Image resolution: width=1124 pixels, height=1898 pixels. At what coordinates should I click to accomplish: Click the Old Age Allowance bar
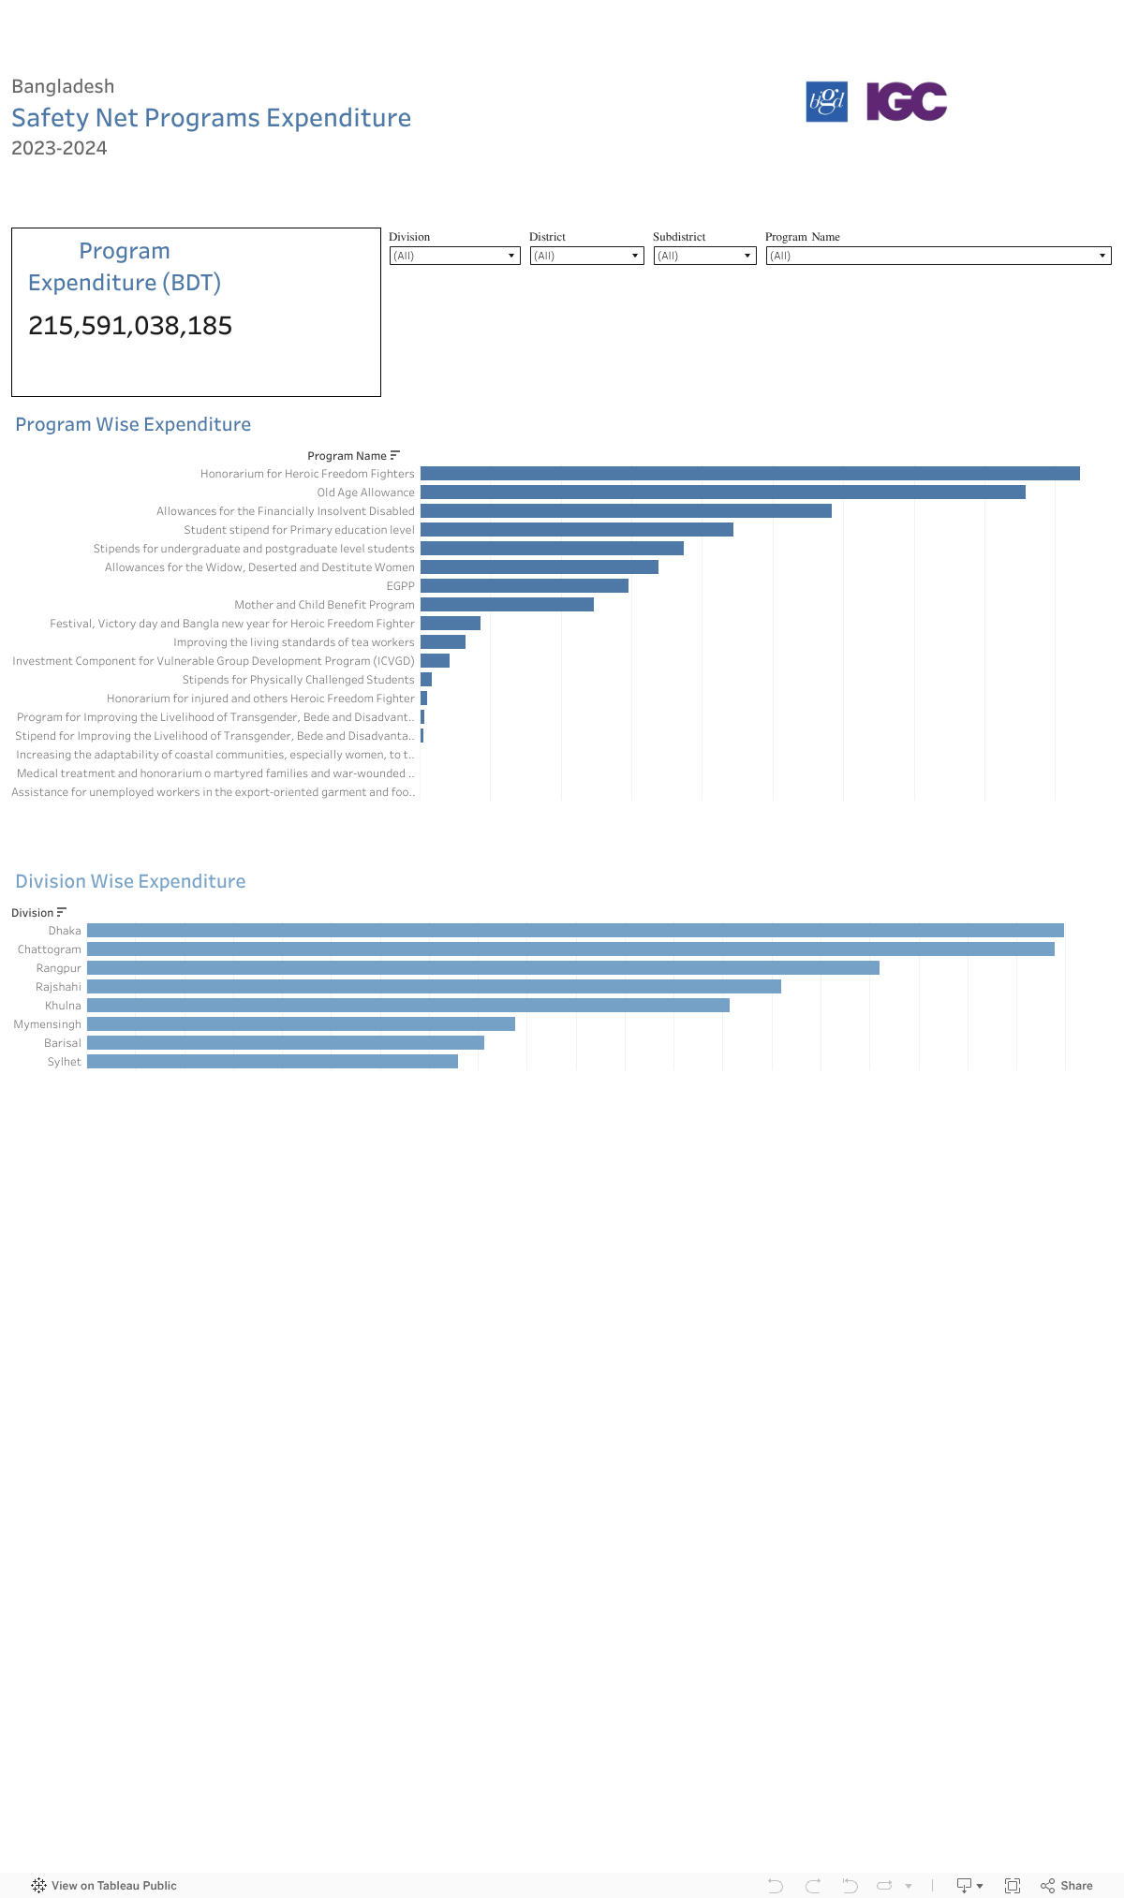(722, 493)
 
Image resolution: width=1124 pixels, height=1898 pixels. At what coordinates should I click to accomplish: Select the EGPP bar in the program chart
(524, 586)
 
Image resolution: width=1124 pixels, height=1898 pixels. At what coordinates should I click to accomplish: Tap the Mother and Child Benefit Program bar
(507, 605)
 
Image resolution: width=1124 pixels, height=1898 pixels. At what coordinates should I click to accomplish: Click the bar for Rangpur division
(482, 968)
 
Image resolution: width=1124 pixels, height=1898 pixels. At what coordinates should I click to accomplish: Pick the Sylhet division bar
(272, 1062)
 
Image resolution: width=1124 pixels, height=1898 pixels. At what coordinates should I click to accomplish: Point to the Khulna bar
(407, 1006)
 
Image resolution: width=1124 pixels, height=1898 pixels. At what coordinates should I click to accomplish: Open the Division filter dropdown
(454, 256)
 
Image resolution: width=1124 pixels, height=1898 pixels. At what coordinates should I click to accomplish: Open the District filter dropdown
(586, 256)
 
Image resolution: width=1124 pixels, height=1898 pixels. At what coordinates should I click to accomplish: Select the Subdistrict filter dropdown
(704, 256)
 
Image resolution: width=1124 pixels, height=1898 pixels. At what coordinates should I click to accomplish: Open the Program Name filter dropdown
(938, 256)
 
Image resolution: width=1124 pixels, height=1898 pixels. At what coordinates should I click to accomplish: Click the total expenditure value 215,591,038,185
(130, 326)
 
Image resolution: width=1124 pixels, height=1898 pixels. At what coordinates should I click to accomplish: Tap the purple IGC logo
(906, 101)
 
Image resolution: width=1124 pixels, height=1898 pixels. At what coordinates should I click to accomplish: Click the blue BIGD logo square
(826, 101)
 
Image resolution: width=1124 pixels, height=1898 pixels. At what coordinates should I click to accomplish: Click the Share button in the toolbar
(1067, 1886)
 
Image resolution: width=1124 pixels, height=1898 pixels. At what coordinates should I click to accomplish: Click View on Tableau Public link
(104, 1886)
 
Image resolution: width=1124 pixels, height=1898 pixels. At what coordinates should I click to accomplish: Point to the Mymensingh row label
(48, 1024)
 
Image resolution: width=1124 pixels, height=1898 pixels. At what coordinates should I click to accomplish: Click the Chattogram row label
(50, 949)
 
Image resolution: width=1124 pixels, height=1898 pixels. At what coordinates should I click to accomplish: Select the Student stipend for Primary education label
(299, 530)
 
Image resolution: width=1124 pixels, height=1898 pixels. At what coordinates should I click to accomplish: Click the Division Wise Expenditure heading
(130, 881)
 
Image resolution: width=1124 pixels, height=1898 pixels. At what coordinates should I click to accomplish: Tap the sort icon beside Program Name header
(395, 456)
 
